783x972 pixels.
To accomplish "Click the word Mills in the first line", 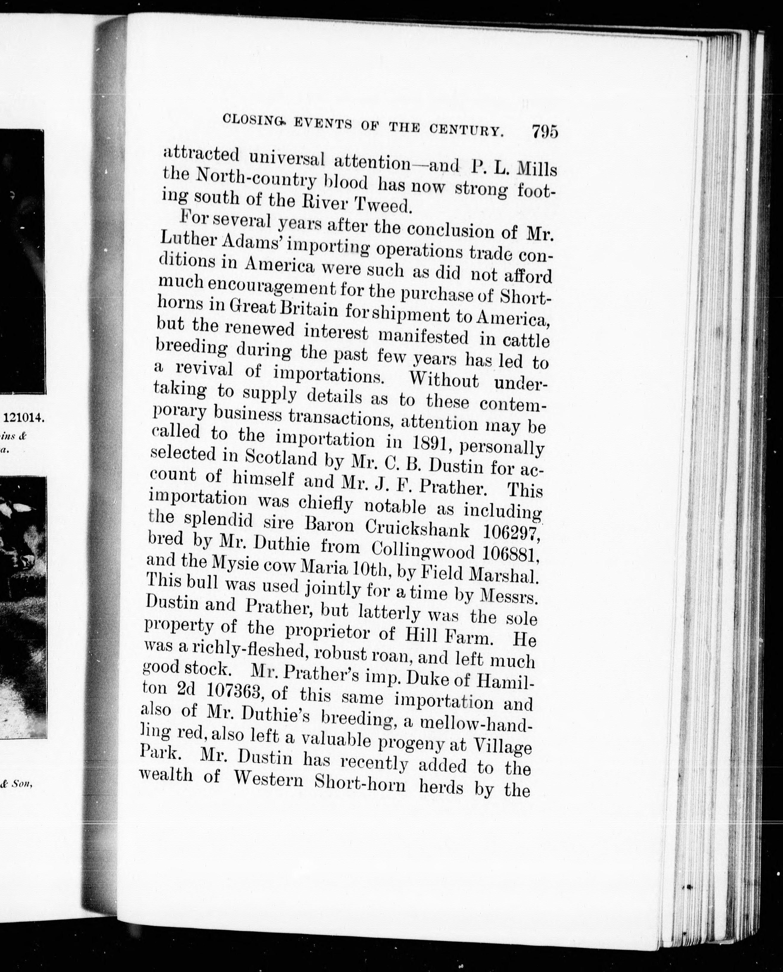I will click(x=537, y=169).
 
